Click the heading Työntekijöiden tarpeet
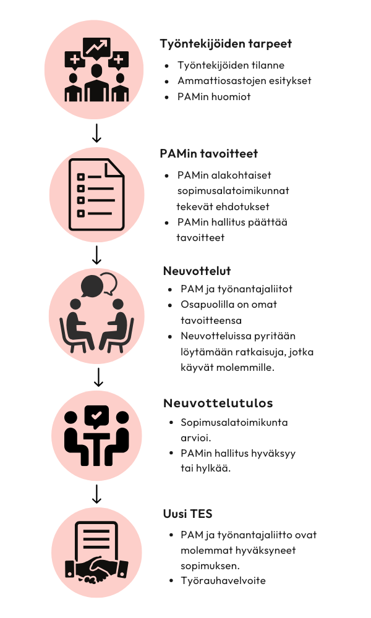point(226,44)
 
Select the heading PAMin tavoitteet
point(208,153)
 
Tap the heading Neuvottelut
point(197,271)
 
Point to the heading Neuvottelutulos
point(218,403)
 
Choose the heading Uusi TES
point(188,514)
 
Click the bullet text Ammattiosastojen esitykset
point(244,81)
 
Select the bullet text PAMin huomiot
point(214,96)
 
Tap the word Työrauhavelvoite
point(223,580)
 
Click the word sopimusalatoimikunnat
point(233,191)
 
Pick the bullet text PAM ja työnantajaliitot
point(237,289)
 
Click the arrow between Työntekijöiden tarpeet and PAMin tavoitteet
point(96,133)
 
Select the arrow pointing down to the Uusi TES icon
point(96,494)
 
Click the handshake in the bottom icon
point(96,569)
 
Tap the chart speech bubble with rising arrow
point(96,48)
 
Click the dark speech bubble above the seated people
point(92,286)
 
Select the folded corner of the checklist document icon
point(114,168)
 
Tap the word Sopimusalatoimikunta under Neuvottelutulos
point(234,423)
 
